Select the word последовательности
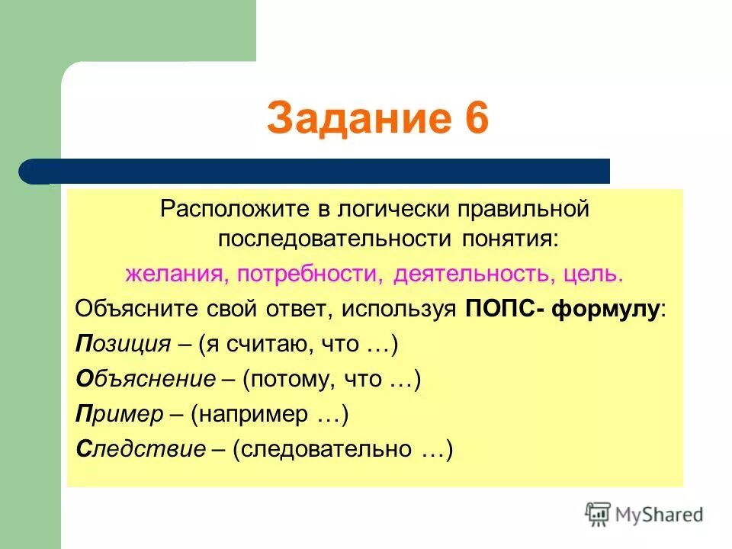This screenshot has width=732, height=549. [x=335, y=239]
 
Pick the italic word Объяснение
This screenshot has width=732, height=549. [x=149, y=379]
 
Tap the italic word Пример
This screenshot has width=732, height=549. [x=120, y=414]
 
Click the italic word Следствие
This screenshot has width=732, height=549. [x=141, y=449]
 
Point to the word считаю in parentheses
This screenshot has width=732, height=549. [x=274, y=344]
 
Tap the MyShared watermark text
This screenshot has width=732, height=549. [x=659, y=515]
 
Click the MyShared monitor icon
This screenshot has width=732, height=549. [x=598, y=515]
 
